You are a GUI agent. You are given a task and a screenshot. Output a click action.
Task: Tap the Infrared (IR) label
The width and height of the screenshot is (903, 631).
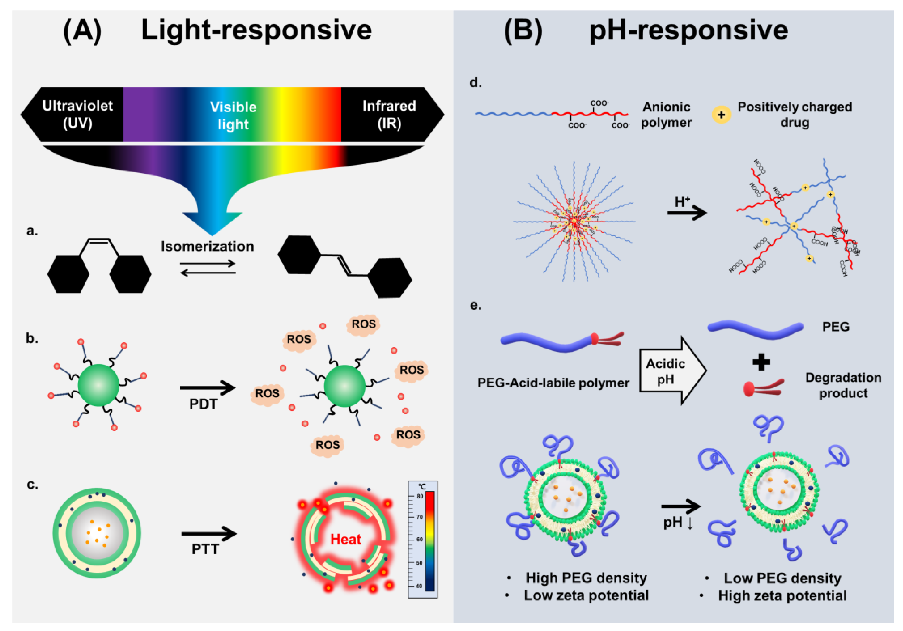pyautogui.click(x=389, y=115)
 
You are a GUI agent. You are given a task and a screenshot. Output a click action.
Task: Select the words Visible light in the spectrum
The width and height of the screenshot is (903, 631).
pyautogui.click(x=233, y=115)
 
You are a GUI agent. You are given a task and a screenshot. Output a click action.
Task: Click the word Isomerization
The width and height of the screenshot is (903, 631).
pyautogui.click(x=207, y=246)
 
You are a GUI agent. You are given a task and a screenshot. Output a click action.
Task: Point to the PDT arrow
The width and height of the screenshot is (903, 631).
pyautogui.click(x=207, y=388)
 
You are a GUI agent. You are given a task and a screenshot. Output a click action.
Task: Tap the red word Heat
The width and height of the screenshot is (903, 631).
pyautogui.click(x=345, y=539)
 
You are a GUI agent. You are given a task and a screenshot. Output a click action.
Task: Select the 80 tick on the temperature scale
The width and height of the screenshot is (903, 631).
pyautogui.click(x=420, y=496)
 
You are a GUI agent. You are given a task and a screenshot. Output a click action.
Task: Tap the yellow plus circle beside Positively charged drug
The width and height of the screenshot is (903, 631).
pyautogui.click(x=721, y=115)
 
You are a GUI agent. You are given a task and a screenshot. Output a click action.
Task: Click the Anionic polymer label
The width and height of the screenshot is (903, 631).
pyautogui.click(x=666, y=115)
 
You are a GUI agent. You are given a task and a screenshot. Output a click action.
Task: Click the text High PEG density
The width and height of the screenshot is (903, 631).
pyautogui.click(x=586, y=578)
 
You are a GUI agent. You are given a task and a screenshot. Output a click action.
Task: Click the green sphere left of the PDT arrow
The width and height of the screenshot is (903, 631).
pyautogui.click(x=98, y=385)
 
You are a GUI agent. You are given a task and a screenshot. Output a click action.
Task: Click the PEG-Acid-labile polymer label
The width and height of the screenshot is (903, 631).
pyautogui.click(x=553, y=383)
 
